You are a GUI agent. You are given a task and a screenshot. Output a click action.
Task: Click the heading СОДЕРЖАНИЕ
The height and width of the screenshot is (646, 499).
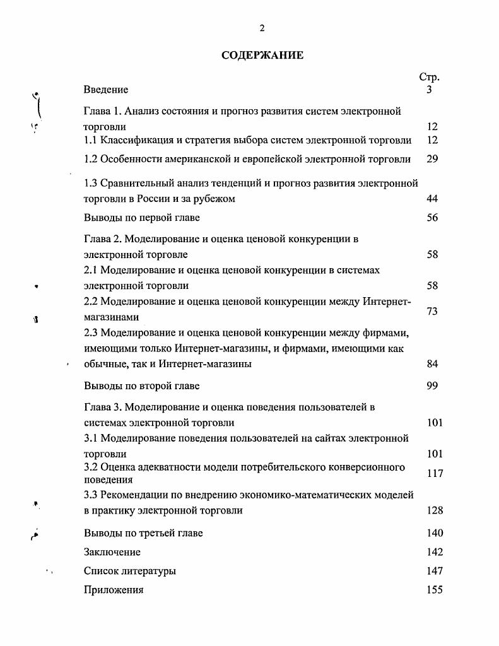(x=262, y=56)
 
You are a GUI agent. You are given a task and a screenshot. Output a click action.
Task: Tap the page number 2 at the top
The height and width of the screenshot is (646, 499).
(x=262, y=28)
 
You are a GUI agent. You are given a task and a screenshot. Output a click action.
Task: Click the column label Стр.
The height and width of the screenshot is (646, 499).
(x=429, y=77)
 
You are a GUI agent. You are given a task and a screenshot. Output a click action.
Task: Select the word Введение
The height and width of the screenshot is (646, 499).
(x=106, y=90)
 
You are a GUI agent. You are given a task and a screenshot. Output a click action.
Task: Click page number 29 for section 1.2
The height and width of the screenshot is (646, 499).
(x=432, y=159)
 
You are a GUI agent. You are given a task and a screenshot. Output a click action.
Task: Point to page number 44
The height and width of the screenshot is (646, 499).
(x=432, y=199)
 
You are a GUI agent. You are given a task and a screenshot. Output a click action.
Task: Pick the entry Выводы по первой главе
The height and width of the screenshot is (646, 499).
(x=141, y=218)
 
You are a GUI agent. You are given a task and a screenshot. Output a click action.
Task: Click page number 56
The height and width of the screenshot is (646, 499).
(x=432, y=218)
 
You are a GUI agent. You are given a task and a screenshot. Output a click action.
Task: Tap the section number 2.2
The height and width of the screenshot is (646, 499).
(x=91, y=301)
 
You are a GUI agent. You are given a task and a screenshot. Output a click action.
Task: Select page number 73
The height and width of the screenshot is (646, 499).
(x=432, y=311)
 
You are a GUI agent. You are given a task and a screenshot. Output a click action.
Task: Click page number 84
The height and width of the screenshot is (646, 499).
(x=432, y=363)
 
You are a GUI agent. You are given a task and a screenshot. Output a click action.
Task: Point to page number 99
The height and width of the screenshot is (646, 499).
(x=432, y=385)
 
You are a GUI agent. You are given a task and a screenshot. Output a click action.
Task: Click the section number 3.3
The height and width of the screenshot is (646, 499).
(x=91, y=495)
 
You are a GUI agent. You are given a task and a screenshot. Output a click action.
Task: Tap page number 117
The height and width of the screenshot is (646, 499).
(x=435, y=473)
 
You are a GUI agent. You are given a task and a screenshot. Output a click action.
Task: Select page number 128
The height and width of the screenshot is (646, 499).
(x=435, y=510)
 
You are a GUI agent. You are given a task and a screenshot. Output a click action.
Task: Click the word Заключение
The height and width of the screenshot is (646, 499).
(x=112, y=552)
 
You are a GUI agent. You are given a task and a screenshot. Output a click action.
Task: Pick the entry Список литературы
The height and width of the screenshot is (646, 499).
(x=130, y=571)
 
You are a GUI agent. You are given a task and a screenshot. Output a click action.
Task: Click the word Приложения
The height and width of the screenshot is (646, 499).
(x=114, y=590)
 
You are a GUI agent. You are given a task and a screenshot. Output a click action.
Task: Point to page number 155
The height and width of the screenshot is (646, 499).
(x=435, y=590)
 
